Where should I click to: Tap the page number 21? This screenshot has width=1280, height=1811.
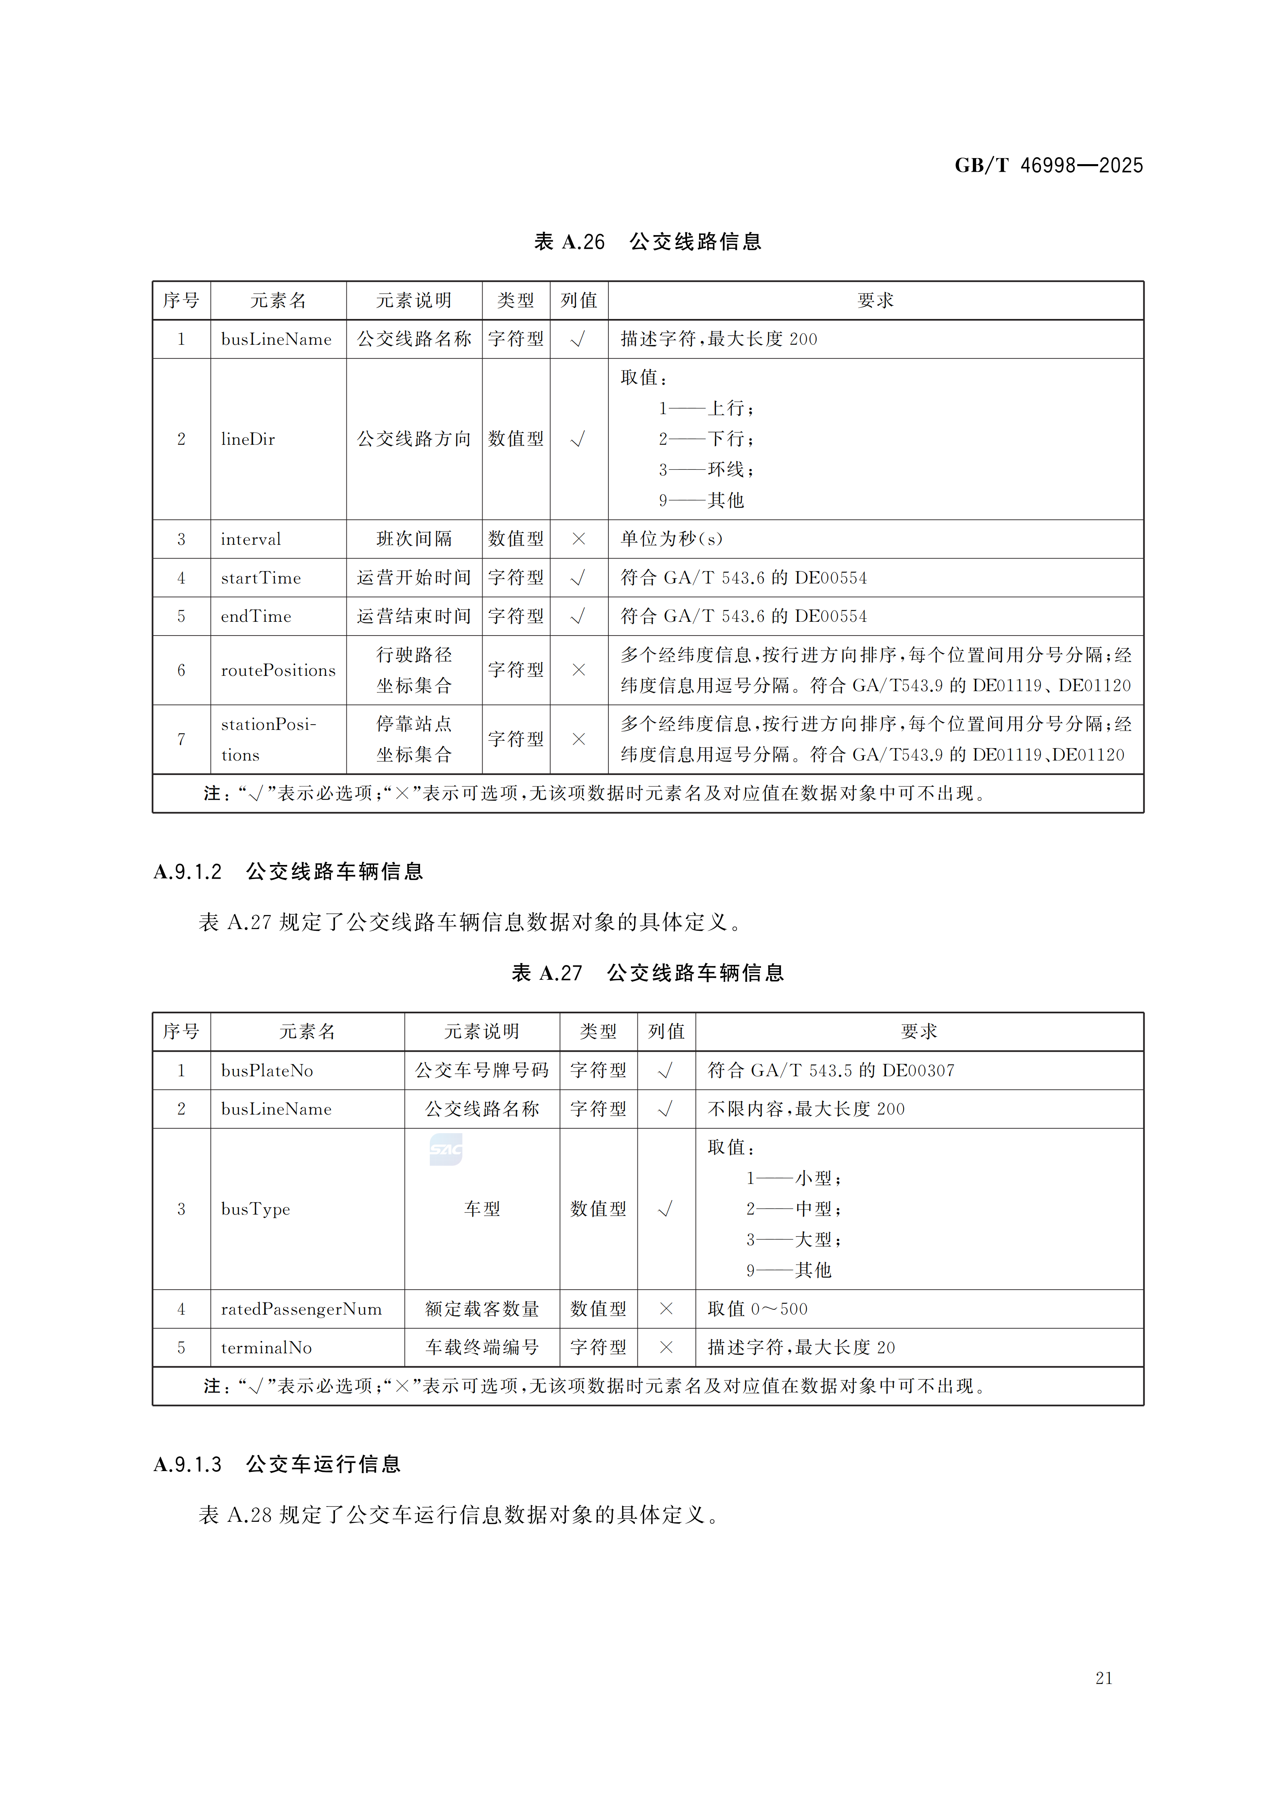click(x=1103, y=1678)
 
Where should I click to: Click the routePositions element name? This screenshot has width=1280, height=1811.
click(x=278, y=671)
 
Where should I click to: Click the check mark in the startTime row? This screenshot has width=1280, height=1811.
click(x=578, y=578)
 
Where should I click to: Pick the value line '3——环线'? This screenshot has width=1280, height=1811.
click(x=707, y=470)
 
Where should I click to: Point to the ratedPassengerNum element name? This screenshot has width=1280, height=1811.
click(x=301, y=1309)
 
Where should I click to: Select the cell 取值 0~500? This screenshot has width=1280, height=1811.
click(x=757, y=1309)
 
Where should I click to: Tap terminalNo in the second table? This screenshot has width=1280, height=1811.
click(x=266, y=1348)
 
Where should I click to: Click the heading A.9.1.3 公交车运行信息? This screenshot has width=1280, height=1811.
click(x=278, y=1465)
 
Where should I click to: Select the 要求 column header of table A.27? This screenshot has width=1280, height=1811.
click(x=919, y=1032)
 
